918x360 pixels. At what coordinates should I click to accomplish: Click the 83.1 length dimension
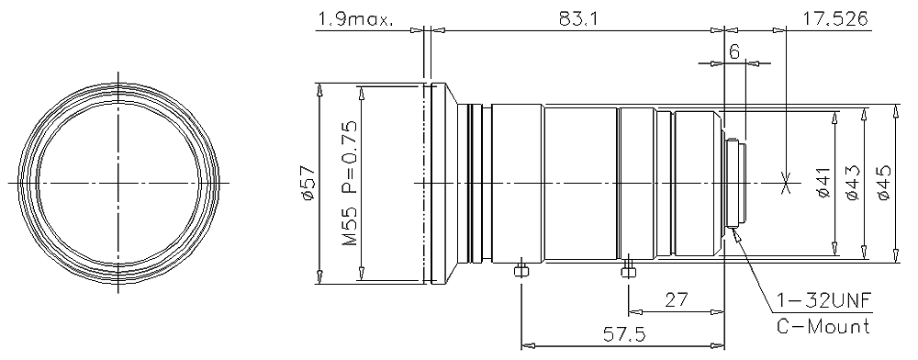(x=577, y=17)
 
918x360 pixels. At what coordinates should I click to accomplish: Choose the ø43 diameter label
(x=851, y=184)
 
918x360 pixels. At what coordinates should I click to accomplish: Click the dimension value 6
(x=734, y=52)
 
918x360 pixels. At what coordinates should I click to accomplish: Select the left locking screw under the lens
(x=521, y=270)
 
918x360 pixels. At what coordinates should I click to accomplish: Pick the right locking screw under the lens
(x=628, y=270)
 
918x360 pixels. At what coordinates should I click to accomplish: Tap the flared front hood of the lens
(x=445, y=184)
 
